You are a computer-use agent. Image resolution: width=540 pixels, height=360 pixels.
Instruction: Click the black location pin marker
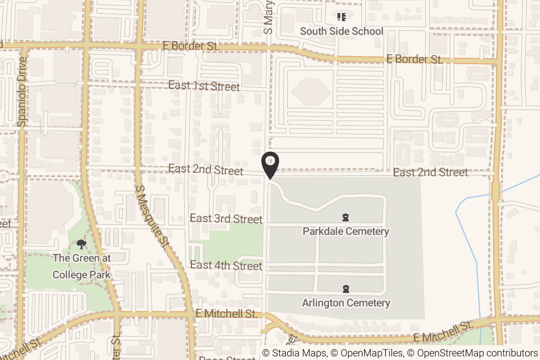270,166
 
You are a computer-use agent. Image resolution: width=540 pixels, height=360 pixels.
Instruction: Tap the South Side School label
342,31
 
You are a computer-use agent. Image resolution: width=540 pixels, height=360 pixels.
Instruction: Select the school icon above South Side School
342,18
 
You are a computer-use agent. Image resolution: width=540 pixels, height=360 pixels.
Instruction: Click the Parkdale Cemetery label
346,231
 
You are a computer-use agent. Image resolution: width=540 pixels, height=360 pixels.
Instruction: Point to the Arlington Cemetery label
346,303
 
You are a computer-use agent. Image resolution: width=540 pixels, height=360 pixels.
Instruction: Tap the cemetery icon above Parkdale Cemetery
346,218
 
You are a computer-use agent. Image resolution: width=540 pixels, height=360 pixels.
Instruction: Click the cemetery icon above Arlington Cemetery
346,288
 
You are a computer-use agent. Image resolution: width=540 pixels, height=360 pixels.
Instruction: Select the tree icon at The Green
81,244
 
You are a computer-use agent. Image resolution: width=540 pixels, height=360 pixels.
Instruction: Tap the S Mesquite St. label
152,216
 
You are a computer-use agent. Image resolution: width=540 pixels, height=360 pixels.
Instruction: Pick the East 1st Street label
204,85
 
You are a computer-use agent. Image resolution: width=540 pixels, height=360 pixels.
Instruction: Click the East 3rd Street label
226,219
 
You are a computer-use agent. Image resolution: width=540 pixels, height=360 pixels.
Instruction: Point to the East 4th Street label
226,265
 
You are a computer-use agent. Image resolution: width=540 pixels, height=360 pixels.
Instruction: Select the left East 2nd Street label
206,170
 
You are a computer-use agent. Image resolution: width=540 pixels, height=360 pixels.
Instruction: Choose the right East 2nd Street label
430,172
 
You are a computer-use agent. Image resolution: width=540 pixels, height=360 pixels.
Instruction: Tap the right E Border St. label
415,59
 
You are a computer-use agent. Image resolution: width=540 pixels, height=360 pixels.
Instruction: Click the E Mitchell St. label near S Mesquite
227,314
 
